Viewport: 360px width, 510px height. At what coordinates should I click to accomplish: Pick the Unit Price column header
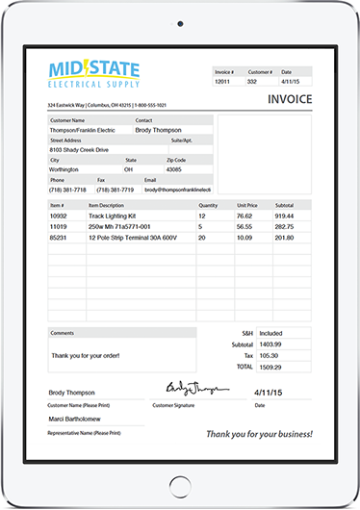click(247, 205)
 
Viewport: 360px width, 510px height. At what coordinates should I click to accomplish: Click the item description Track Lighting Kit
click(115, 217)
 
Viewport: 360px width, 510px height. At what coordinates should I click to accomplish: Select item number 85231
click(59, 237)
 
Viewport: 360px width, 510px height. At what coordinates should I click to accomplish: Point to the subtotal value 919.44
click(285, 217)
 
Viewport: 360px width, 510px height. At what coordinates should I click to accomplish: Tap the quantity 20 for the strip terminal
click(202, 237)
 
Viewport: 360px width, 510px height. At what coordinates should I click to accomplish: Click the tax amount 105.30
click(269, 355)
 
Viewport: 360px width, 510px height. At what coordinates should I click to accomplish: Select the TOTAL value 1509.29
click(270, 366)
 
